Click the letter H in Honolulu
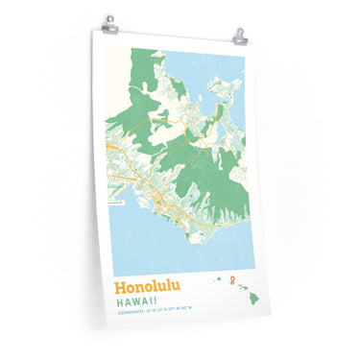pyautogui.click(x=120, y=287)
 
